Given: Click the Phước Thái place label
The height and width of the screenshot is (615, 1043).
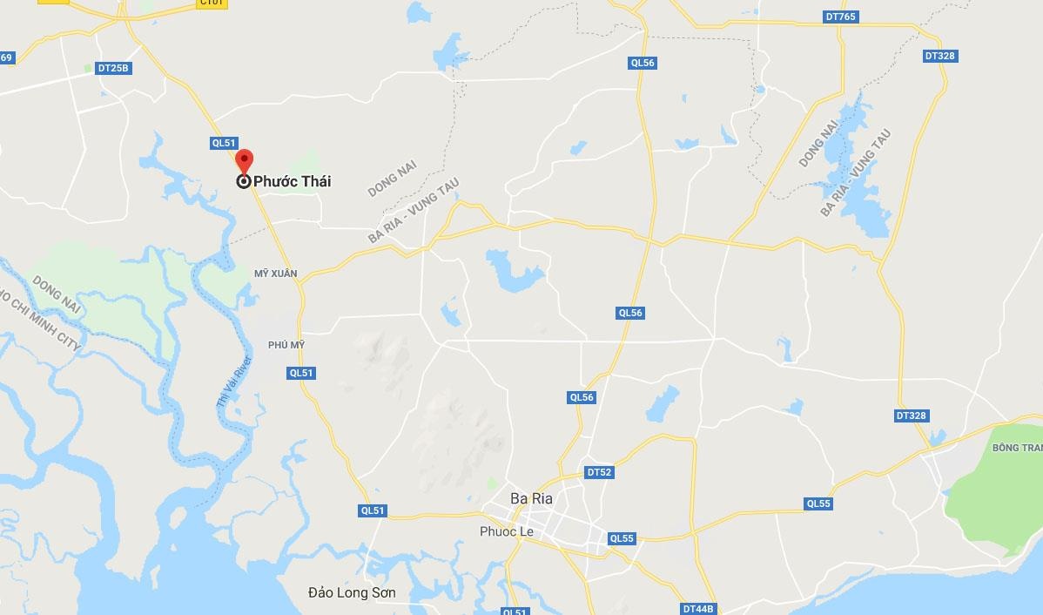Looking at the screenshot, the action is pos(292,181).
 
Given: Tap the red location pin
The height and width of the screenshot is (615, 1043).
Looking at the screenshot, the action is pos(245,161).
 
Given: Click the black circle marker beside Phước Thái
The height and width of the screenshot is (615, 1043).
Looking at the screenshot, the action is pos(244,181).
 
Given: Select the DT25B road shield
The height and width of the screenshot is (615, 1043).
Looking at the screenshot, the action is pos(114,68).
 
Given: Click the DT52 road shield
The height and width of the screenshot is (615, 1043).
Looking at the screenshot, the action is pos(600,472).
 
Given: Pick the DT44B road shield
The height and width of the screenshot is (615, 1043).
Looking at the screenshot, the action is pos(698,609).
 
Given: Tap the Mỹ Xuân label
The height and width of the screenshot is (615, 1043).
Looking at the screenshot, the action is pos(275,274).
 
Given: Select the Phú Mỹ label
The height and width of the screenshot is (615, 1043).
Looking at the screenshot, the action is pos(286,345).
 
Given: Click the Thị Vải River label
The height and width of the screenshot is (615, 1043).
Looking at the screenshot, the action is pos(234,383).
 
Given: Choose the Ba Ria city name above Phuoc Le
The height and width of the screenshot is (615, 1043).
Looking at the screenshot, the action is pos(531,498).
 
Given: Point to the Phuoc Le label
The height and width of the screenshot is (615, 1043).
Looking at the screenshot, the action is pos(506,531).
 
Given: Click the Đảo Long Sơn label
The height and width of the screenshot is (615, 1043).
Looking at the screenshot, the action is pos(352,592).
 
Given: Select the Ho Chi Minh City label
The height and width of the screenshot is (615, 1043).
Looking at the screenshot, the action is pos(39,322).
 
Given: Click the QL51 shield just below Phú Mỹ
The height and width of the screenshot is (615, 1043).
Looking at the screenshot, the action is pos(300,373).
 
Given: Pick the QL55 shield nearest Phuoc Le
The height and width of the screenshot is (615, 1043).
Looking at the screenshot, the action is pos(622,538).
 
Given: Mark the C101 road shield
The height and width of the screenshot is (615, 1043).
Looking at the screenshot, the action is pos(212,3).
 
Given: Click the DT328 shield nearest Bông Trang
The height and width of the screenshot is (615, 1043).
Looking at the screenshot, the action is pos(911,416).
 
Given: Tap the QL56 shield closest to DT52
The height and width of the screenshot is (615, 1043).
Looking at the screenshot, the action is pos(582,397).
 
